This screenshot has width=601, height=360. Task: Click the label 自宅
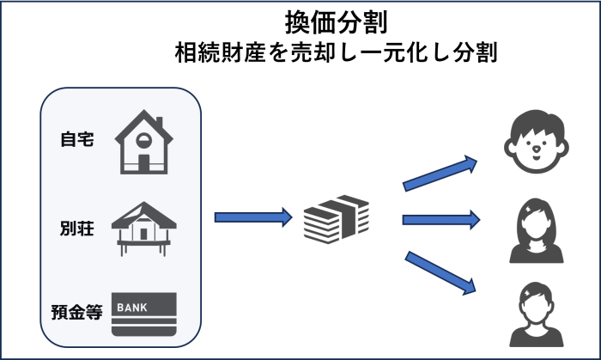[77, 139]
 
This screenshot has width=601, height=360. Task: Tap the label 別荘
[77, 229]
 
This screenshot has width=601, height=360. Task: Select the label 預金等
[76, 312]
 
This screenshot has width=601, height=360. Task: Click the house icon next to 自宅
[143, 142]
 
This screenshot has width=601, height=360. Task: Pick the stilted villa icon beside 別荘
[143, 229]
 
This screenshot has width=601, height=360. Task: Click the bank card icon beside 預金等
[143, 314]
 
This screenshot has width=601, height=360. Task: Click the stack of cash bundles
[336, 219]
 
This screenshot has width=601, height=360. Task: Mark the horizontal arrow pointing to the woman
[440, 220]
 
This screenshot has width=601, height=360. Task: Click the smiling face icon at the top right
[536, 141]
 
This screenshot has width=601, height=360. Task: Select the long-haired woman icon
[536, 230]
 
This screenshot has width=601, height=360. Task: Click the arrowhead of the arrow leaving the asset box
[286, 217]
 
